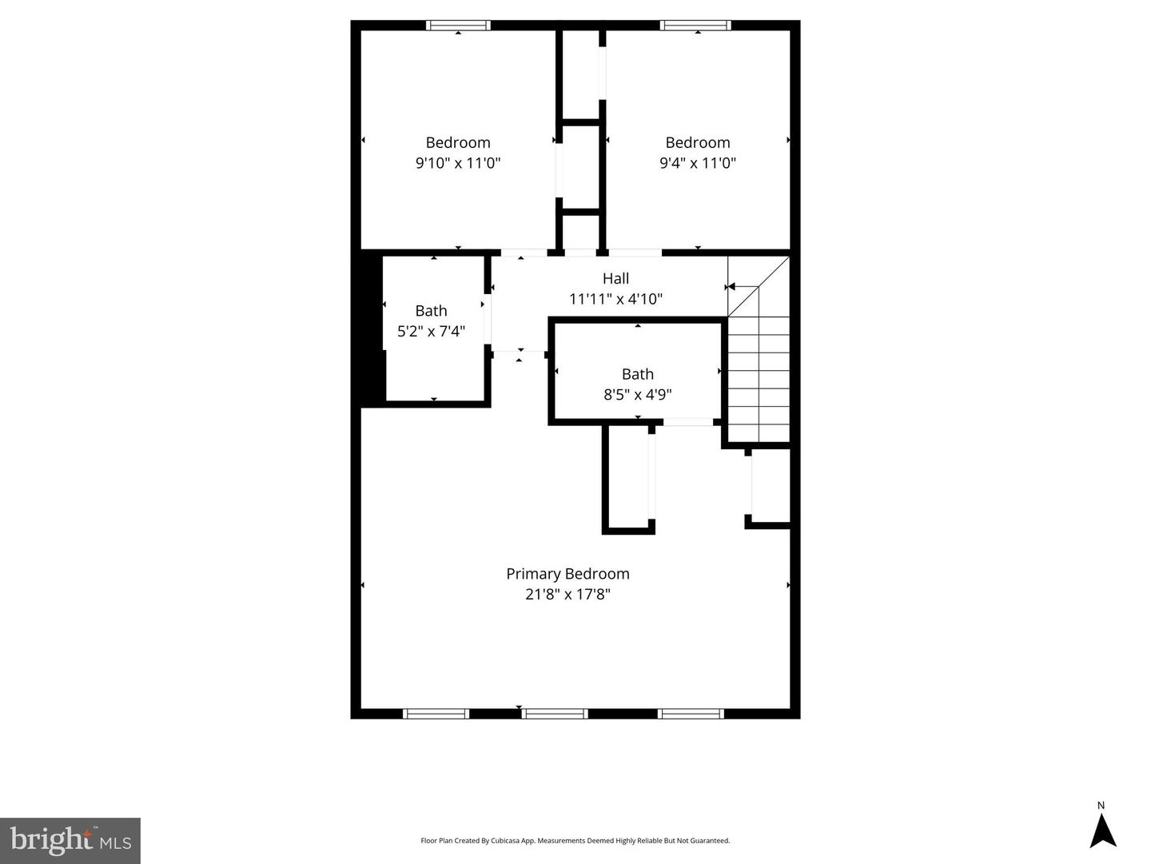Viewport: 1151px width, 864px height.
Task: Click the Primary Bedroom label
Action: [568, 574]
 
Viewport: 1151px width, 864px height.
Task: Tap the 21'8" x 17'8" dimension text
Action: [568, 595]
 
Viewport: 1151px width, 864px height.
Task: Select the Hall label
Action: [615, 279]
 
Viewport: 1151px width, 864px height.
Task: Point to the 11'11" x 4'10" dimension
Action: [615, 300]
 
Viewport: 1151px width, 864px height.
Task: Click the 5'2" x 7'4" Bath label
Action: [431, 311]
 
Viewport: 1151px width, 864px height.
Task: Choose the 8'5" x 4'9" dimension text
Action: [637, 395]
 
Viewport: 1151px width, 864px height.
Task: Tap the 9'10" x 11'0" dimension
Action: [458, 163]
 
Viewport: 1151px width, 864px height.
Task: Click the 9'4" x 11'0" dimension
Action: [697, 163]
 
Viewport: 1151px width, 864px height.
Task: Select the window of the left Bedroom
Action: [459, 26]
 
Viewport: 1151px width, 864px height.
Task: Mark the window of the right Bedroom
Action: [695, 26]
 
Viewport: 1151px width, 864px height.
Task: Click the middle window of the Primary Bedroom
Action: [555, 714]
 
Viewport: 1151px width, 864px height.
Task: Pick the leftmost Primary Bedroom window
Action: [436, 714]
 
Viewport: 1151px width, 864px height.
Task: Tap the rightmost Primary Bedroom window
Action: [691, 714]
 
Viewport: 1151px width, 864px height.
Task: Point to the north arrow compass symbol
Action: [1103, 830]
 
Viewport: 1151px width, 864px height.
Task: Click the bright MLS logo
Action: [70, 841]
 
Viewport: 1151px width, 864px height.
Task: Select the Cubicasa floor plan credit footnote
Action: [575, 841]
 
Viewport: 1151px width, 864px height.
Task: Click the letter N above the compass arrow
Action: [1101, 806]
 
